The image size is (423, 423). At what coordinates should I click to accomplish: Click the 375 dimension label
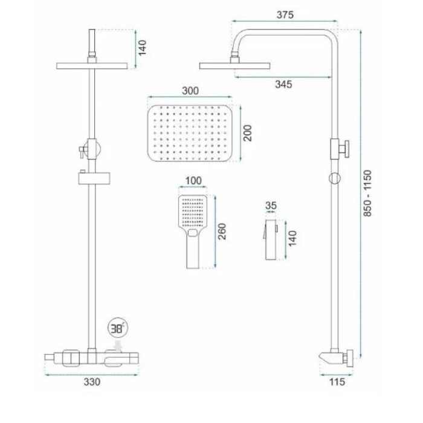click(285, 15)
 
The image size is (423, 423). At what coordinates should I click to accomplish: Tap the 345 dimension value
click(283, 85)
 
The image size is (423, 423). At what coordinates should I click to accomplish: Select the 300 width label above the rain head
click(190, 91)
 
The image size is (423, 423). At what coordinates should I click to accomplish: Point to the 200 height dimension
click(247, 133)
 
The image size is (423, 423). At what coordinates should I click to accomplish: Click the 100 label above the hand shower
click(193, 181)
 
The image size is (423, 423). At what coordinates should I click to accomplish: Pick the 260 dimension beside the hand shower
click(222, 231)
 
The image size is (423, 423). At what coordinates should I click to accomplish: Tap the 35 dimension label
click(271, 205)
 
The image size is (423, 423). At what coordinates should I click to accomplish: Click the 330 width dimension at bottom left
click(92, 382)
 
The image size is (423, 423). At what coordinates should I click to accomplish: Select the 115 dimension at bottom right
click(337, 382)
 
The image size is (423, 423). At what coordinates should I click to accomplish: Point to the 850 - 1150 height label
click(367, 193)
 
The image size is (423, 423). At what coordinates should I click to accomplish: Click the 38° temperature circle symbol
click(118, 328)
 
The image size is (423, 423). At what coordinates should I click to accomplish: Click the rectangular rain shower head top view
click(190, 134)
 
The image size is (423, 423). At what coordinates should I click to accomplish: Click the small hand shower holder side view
click(271, 239)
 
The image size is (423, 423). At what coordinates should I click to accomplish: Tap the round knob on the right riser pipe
click(344, 149)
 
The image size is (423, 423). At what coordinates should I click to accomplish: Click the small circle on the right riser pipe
click(335, 178)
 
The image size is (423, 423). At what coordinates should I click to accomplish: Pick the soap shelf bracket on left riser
click(94, 178)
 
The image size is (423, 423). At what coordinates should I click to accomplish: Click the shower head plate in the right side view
click(234, 66)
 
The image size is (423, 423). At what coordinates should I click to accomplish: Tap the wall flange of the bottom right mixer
click(350, 358)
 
